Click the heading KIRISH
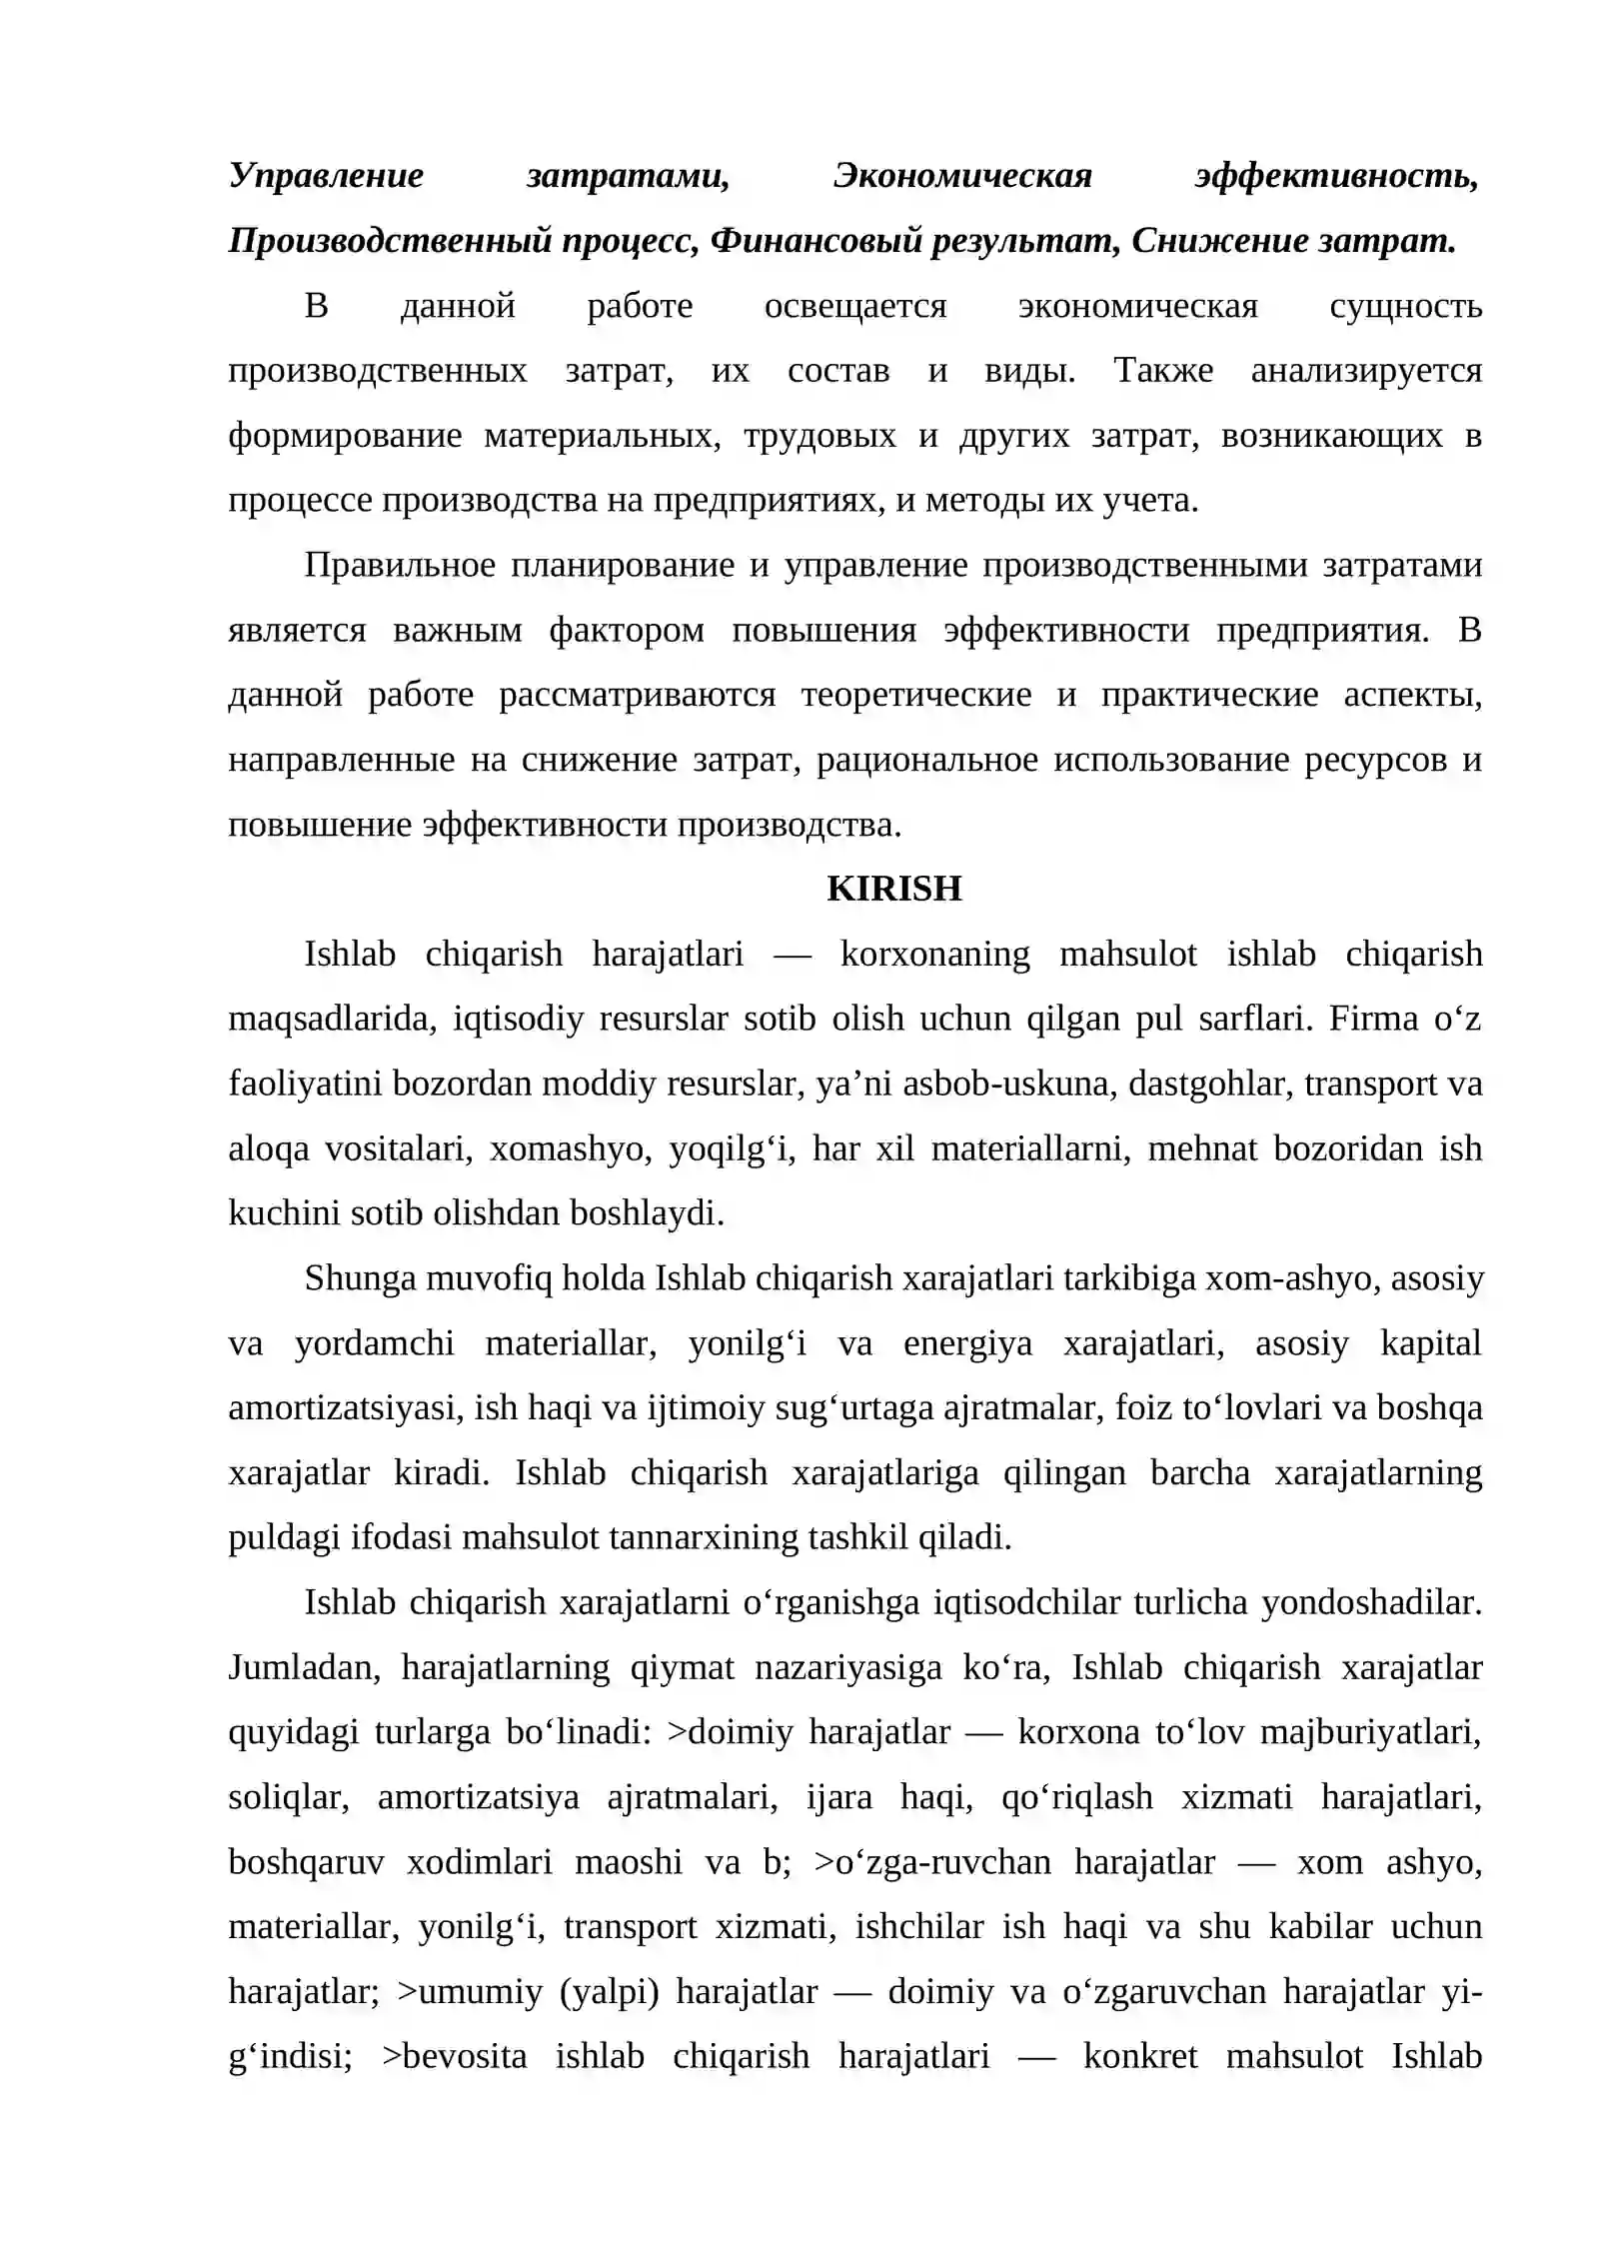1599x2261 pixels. pos(893,888)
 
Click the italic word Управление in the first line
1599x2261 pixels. pos(326,175)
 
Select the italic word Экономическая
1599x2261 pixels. pos(961,175)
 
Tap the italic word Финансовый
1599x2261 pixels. pos(815,240)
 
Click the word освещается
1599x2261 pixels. pos(854,305)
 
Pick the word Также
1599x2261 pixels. pos(1163,370)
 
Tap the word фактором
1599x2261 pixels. pos(627,630)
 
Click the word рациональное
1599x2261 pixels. pos(926,760)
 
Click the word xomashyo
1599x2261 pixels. pos(570,1148)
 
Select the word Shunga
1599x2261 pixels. pos(359,1277)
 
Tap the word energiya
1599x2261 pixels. pos(967,1342)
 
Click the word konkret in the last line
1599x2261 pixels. pos(1139,2056)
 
